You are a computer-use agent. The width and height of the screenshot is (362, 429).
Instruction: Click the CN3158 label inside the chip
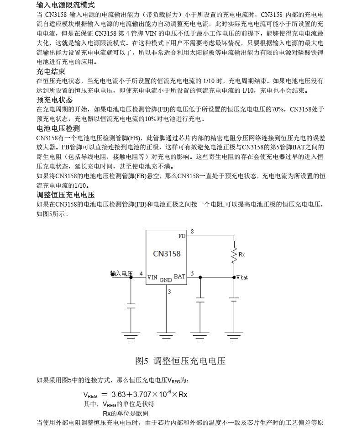pyautogui.click(x=167, y=254)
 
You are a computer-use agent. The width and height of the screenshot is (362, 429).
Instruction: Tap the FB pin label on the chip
pyautogui.click(x=182, y=237)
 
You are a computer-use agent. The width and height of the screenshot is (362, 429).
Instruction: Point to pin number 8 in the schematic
pyautogui.click(x=192, y=232)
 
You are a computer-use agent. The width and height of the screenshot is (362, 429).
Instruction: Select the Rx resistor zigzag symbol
pyautogui.click(x=234, y=254)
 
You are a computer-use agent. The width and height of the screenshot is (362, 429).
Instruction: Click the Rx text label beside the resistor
pyautogui.click(x=241, y=254)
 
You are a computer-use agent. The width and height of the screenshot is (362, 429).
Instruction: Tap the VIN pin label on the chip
pyautogui.click(x=152, y=277)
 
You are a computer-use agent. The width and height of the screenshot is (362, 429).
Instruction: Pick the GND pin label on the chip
pyautogui.click(x=166, y=280)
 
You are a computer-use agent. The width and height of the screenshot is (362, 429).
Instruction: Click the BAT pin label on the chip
pyautogui.click(x=179, y=276)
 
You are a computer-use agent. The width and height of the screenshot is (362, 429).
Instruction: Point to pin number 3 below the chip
pyautogui.click(x=169, y=291)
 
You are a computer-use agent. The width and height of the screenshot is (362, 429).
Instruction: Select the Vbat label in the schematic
pyautogui.click(x=242, y=277)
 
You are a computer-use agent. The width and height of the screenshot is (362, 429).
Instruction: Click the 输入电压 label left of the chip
pyautogui.click(x=121, y=273)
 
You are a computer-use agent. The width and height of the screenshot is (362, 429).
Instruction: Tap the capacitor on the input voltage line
pyautogui.click(x=131, y=305)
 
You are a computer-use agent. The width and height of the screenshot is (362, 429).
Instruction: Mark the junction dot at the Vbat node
pyautogui.click(x=234, y=277)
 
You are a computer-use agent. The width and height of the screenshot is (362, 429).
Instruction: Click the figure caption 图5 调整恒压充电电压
pyautogui.click(x=181, y=361)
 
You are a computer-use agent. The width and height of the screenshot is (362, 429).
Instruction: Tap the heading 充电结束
pyautogui.click(x=51, y=71)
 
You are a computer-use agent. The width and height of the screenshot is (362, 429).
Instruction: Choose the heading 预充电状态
pyautogui.click(x=54, y=100)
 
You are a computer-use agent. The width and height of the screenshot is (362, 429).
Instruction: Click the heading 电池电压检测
pyautogui.click(x=58, y=128)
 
